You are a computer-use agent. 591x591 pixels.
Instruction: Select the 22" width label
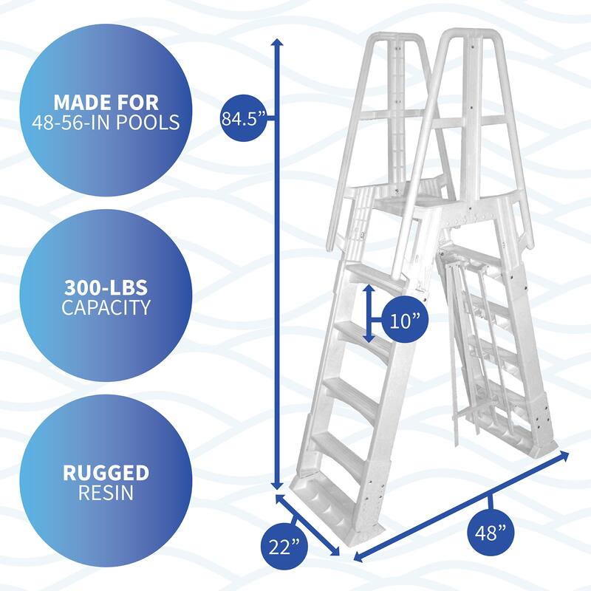click(284, 547)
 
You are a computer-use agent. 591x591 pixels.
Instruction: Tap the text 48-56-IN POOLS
click(106, 122)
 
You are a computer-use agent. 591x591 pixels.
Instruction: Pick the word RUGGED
click(106, 472)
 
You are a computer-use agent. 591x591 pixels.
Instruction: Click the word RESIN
click(106, 492)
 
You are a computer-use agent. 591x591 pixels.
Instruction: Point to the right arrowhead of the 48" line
click(564, 454)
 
